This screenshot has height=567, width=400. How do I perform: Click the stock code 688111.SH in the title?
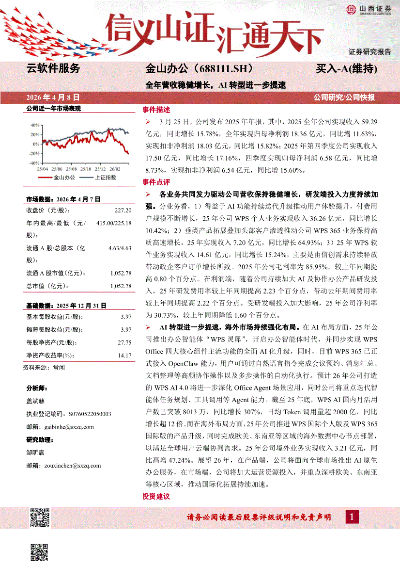click(221, 68)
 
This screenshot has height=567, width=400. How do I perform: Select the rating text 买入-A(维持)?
click(346, 68)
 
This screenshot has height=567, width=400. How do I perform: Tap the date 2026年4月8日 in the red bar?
click(53, 97)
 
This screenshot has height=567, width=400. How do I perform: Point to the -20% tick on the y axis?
click(33, 154)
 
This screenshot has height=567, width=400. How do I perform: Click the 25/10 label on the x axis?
click(85, 168)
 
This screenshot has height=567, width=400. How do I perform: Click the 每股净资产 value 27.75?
click(124, 342)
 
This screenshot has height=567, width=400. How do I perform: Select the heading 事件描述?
click(156, 110)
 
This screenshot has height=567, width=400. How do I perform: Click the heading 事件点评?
click(156, 182)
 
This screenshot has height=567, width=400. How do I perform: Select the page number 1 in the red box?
click(352, 518)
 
